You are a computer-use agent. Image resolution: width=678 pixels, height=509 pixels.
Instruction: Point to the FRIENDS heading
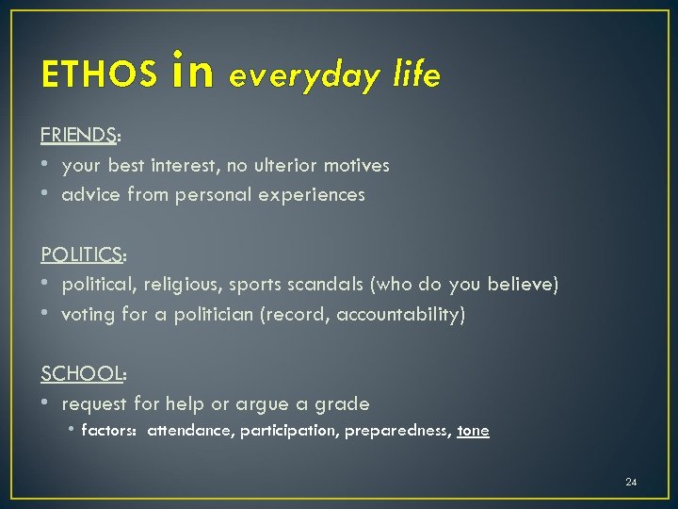79,135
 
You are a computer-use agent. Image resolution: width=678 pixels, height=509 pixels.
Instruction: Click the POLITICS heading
83,254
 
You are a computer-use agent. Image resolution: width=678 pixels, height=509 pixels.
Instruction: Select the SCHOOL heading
82,373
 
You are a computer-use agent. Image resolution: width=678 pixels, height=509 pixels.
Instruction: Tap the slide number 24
631,483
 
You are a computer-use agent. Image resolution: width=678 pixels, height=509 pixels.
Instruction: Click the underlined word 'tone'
473,431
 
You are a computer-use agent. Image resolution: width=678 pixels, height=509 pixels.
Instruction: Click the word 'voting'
89,314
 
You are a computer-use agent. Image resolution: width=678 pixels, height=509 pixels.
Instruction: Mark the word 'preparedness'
396,431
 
